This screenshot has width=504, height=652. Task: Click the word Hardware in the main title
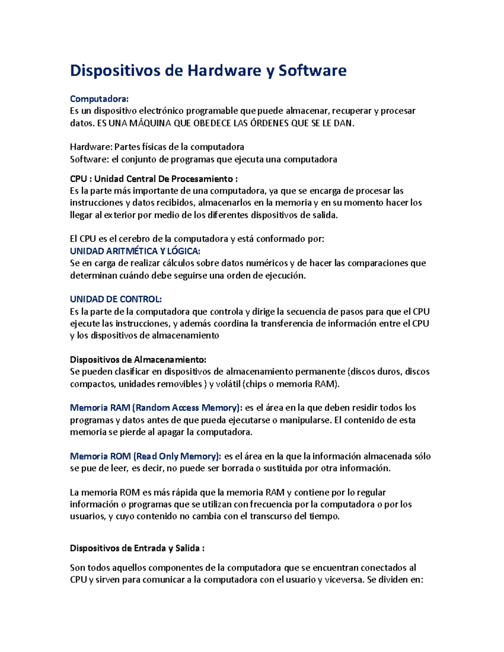point(224,71)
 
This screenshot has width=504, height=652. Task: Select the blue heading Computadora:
point(99,99)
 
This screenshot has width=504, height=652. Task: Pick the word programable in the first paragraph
point(212,111)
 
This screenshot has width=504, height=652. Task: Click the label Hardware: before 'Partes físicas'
point(91,147)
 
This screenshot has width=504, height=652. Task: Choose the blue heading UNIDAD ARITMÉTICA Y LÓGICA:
point(135,251)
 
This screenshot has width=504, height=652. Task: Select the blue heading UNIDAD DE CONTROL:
point(115,299)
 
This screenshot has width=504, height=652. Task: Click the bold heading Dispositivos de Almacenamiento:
point(138,359)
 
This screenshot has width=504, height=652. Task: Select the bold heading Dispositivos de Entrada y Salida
point(137,548)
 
